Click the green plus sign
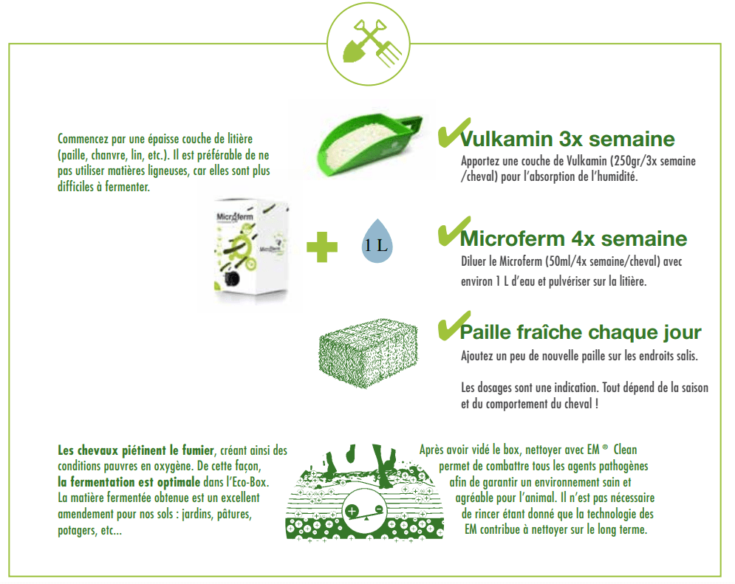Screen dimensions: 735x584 [x=321, y=247]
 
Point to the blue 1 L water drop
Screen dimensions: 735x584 [x=377, y=241]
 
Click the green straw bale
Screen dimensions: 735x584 [x=368, y=353]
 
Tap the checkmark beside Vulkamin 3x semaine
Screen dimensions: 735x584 [x=454, y=132]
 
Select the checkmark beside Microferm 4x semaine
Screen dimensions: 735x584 [x=454, y=231]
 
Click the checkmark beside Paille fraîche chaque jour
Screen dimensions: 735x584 [x=454, y=326]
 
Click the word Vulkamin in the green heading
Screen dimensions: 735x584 [x=507, y=139]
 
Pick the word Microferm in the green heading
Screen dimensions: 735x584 [x=513, y=239]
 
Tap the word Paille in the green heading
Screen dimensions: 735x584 [x=485, y=332]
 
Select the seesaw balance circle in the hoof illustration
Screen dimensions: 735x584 [x=365, y=510]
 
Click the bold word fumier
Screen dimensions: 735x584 [x=197, y=450]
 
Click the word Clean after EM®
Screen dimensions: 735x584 [x=626, y=450]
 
